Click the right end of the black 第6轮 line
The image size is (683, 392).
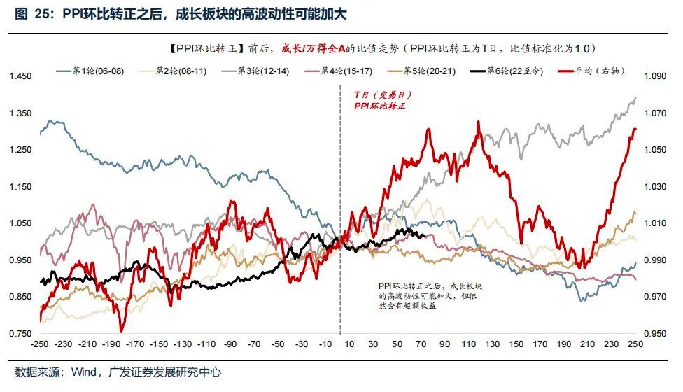tap(425, 236)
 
